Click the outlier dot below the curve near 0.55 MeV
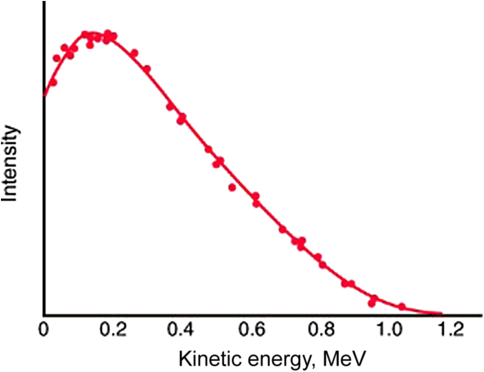pos(232,187)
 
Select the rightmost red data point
pos(402,306)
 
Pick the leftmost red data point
pos(53,82)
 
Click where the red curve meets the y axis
pos(44,95)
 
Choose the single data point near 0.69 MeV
pos(282,229)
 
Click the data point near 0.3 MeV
pos(147,69)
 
